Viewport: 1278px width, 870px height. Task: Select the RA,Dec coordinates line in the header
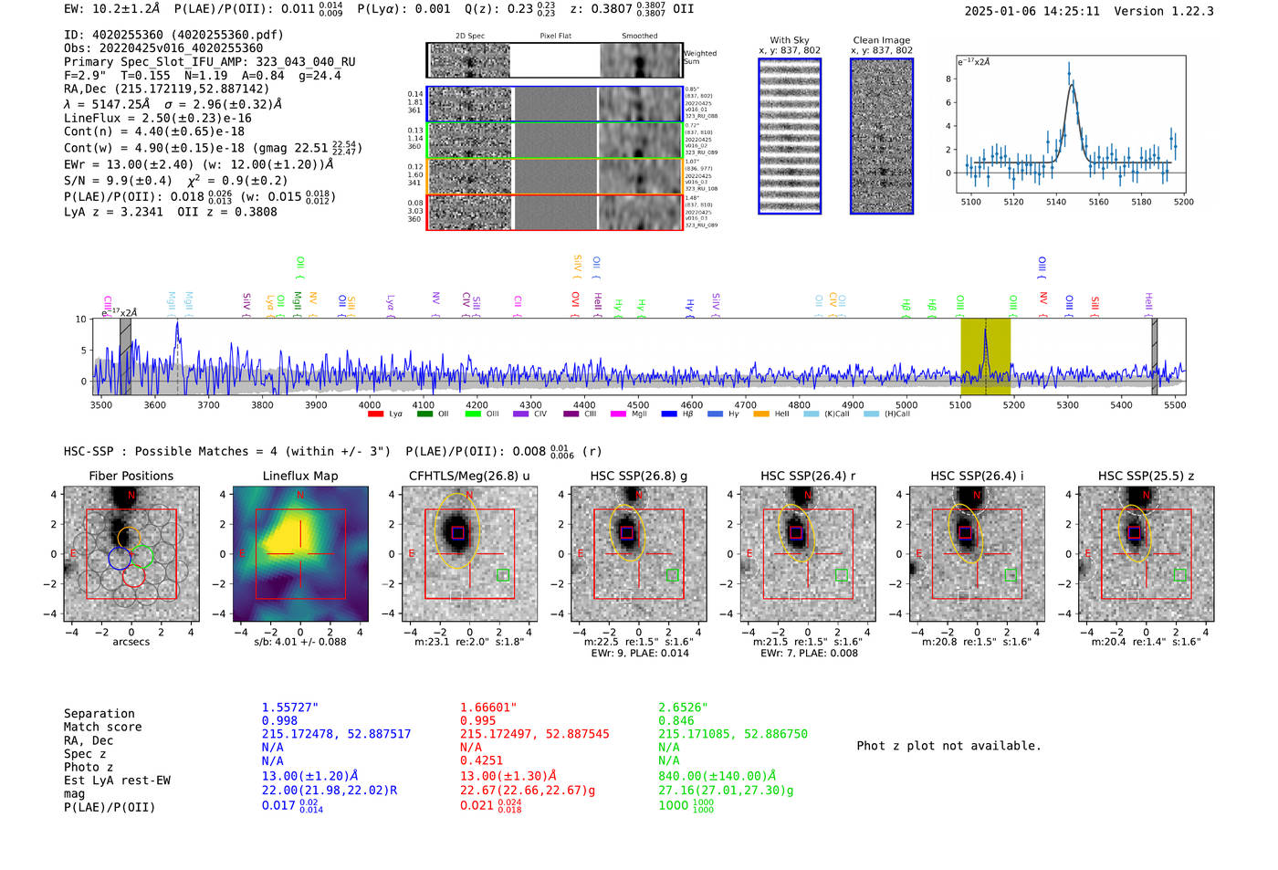pyautogui.click(x=166, y=89)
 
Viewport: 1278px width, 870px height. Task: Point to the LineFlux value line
pyautogui.click(x=158, y=119)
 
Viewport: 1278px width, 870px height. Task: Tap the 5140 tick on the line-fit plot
pyautogui.click(x=1056, y=202)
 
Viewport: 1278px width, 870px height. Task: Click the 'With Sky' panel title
pyautogui.click(x=789, y=40)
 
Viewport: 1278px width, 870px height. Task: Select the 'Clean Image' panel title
pyautogui.click(x=881, y=40)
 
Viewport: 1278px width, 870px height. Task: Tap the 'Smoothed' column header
pyautogui.click(x=639, y=37)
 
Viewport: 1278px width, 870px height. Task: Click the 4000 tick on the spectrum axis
pyautogui.click(x=370, y=405)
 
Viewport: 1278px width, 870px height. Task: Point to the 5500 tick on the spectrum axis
pyautogui.click(x=1175, y=405)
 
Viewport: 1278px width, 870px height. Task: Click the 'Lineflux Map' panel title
pyautogui.click(x=299, y=476)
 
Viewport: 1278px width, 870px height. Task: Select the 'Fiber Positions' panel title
pyautogui.click(x=131, y=476)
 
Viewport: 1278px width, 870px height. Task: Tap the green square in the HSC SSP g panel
pyautogui.click(x=672, y=575)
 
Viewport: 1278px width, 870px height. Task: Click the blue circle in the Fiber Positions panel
pyautogui.click(x=120, y=558)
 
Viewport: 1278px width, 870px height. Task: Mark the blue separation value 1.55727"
pyautogui.click(x=289, y=708)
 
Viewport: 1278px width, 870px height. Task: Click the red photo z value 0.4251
pyautogui.click(x=481, y=760)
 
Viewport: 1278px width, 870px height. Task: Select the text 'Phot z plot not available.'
pyautogui.click(x=948, y=746)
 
